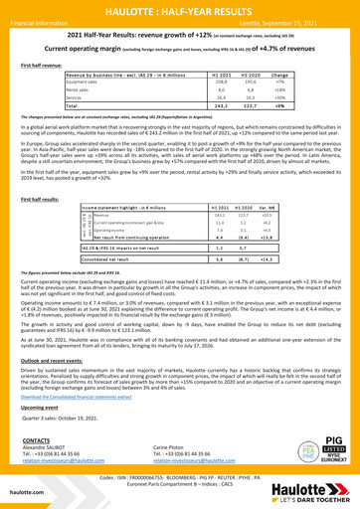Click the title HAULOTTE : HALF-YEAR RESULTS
pyautogui.click(x=180, y=10)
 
